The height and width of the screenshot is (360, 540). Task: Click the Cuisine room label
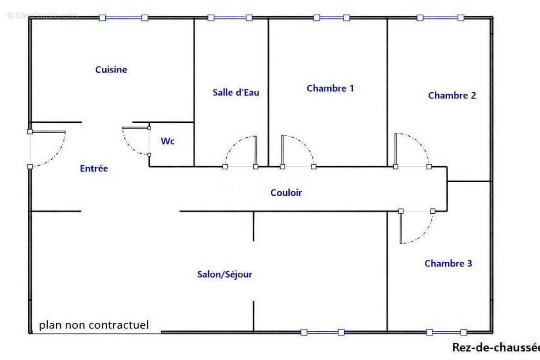tap(111, 70)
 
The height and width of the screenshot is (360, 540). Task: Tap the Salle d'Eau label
tap(236, 93)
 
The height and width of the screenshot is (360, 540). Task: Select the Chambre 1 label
tap(330, 88)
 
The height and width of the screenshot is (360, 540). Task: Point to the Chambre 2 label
tap(452, 95)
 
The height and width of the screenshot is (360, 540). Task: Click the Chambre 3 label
tap(448, 264)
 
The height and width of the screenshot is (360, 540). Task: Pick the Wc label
tap(168, 141)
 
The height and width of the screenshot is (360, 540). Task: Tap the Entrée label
tap(94, 169)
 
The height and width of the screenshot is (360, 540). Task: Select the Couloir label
tap(286, 193)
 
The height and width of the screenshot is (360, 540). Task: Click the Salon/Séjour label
tap(225, 274)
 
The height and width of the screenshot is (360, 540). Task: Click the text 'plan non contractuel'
tap(94, 325)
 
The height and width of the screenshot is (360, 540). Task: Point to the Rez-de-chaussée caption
tap(495, 347)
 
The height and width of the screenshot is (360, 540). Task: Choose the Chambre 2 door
tap(412, 148)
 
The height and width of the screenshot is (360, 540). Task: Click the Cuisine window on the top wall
tap(124, 18)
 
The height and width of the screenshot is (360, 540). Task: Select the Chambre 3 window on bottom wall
tap(446, 333)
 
